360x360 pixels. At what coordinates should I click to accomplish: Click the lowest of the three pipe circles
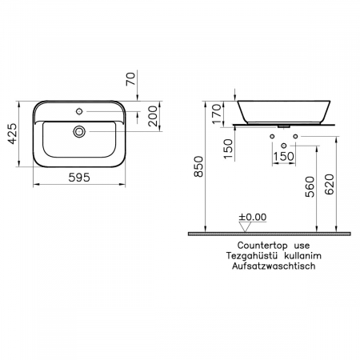(x=283, y=145)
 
